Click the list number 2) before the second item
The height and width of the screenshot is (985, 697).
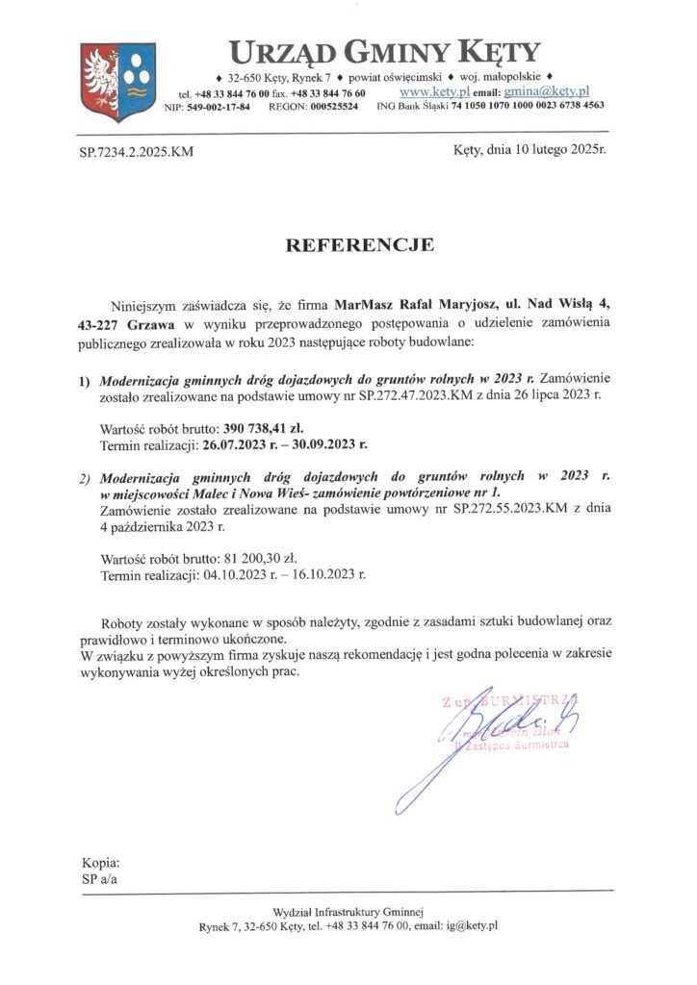tap(85, 477)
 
